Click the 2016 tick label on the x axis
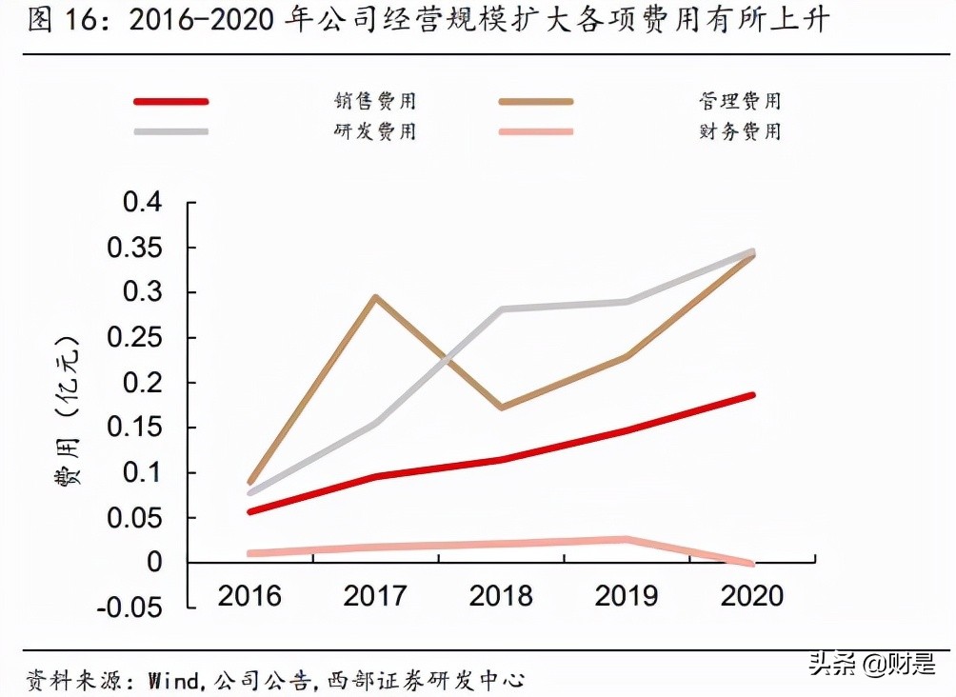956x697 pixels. pos(249,596)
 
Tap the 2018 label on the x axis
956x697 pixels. pos(501,596)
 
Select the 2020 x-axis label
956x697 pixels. pos(752,596)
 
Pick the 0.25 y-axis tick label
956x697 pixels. pos(134,338)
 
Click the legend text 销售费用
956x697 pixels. pos(375,101)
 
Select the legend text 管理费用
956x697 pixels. pos(739,101)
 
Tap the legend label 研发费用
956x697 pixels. pos(375,130)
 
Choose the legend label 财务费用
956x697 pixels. pos(739,130)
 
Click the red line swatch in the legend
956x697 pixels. pos(171,101)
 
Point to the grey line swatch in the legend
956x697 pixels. pos(171,130)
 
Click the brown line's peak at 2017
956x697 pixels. pos(376,297)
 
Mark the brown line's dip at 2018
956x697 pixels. pos(502,408)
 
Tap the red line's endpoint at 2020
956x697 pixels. pos(752,394)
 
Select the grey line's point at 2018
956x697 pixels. pos(502,309)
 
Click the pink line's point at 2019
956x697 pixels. pos(627,540)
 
